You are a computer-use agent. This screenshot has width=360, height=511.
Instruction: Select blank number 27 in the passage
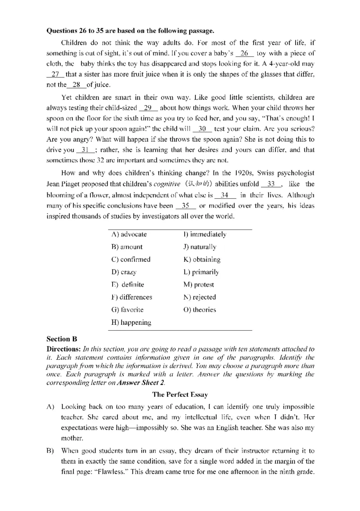click(56, 74)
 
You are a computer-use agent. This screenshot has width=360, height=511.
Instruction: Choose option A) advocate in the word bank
click(129, 234)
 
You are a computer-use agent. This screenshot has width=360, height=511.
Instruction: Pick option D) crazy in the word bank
click(123, 272)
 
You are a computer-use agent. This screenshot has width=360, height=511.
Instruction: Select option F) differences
click(131, 297)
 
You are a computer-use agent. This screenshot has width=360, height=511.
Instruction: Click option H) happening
click(131, 322)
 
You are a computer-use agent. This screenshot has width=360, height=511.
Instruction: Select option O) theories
click(199, 309)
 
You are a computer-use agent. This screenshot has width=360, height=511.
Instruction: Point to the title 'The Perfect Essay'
click(180, 394)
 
